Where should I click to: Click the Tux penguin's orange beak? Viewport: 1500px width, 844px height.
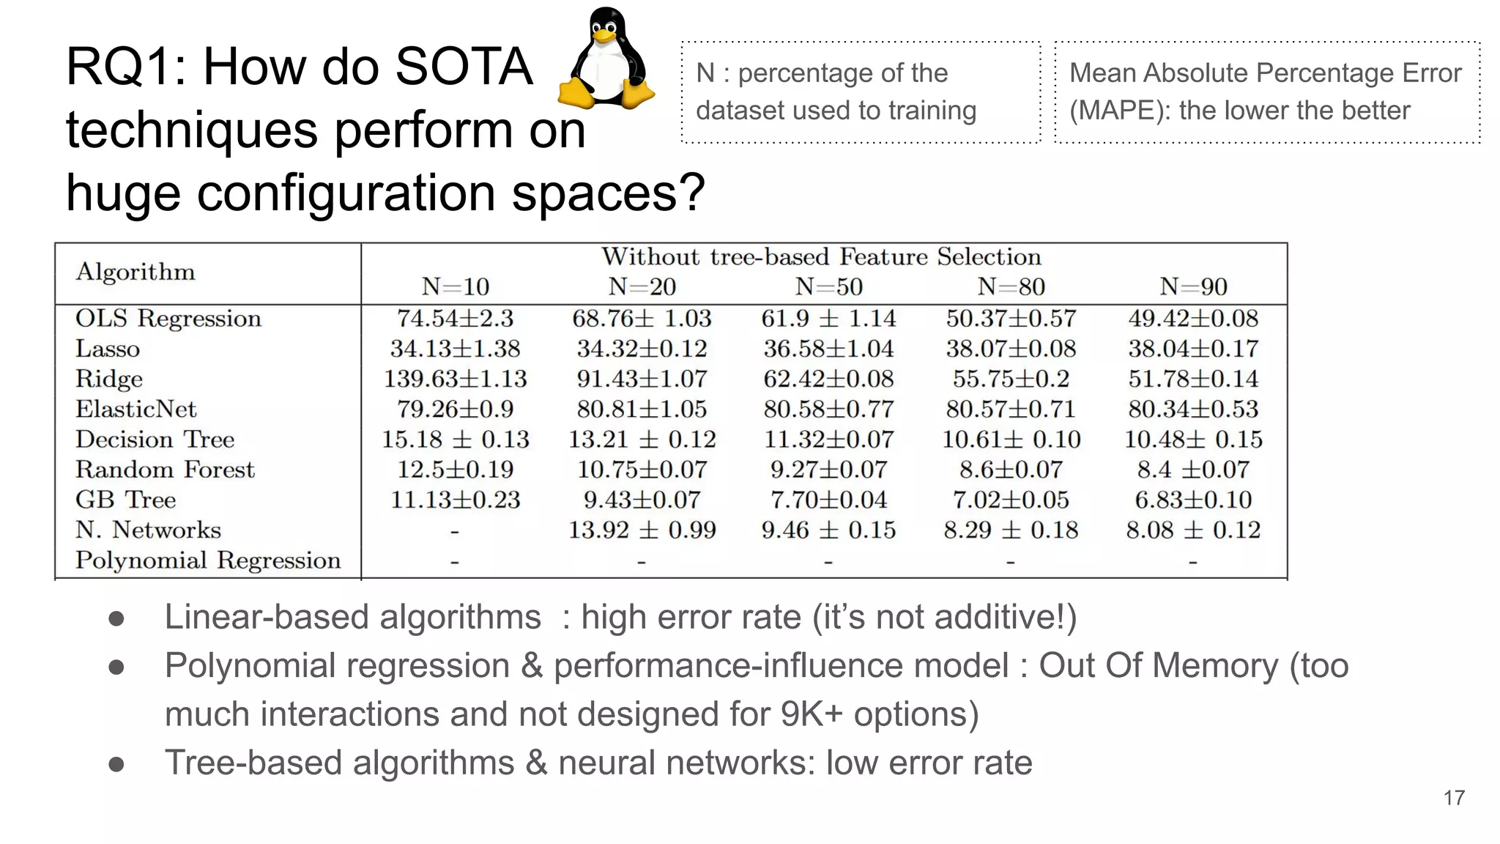coord(605,34)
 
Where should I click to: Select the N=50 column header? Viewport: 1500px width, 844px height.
coord(828,286)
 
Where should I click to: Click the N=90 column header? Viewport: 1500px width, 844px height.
coord(1193,286)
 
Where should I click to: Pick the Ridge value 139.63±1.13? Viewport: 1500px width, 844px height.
coord(455,379)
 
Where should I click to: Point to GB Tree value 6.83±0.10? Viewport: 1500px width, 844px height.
coord(1193,500)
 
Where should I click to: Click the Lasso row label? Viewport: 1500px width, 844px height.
coord(108,349)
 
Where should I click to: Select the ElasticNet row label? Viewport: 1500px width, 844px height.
coord(136,409)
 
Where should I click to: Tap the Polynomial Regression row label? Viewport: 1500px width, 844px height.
coord(208,560)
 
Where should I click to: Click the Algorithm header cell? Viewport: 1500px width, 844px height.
coord(135,272)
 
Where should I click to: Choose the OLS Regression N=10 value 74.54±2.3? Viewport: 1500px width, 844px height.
coord(455,319)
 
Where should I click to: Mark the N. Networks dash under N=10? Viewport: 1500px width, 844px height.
coord(455,531)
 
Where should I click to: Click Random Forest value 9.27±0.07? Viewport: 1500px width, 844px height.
coord(828,470)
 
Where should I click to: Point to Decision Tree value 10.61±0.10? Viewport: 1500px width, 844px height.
coord(1011,440)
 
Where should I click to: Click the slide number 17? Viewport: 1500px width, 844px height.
coord(1454,798)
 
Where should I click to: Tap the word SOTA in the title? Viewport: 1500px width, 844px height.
coord(463,67)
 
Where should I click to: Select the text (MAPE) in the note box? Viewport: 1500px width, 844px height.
coord(1120,111)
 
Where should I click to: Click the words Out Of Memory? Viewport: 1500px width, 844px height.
coord(1158,666)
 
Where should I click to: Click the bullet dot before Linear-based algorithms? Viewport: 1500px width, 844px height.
coord(116,618)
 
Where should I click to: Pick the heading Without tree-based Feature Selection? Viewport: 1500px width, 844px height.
coord(821,257)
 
